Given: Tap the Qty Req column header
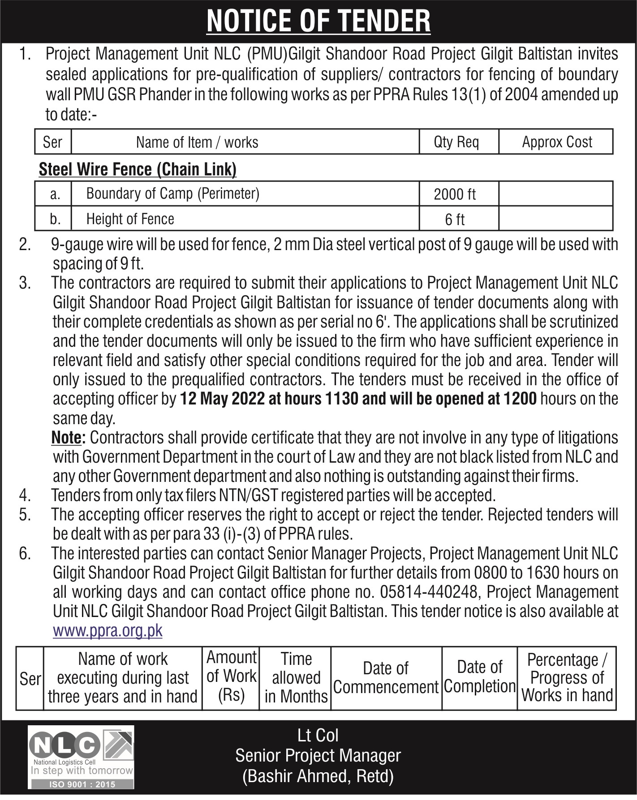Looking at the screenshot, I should point(456,142).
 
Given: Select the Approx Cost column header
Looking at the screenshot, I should point(557,142).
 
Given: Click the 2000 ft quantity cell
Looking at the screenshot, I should point(455,194).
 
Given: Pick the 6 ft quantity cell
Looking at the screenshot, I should point(455,220).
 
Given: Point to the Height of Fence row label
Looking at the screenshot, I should point(130,219).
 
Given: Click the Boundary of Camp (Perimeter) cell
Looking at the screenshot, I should point(172,193).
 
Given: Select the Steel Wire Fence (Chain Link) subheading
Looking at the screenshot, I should point(138,170).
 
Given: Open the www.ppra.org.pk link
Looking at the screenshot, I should point(108,630).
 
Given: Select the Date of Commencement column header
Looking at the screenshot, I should point(386,678).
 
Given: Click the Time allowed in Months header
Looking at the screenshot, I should point(296,678).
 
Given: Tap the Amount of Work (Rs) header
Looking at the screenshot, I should point(231,676).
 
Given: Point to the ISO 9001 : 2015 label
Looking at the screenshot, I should point(82,784).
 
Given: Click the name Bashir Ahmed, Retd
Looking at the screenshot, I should point(318,776).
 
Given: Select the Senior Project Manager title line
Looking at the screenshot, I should point(318,756).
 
